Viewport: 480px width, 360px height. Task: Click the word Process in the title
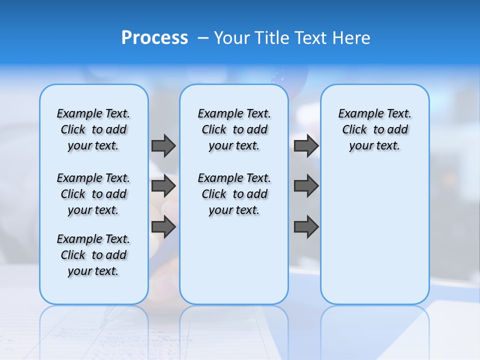[x=154, y=38]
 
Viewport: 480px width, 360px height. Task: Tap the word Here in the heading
[x=351, y=38]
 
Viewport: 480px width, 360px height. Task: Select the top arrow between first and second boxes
[x=163, y=145]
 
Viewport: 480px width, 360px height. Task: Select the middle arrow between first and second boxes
[x=163, y=186]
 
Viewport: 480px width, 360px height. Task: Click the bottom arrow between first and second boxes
[x=163, y=227]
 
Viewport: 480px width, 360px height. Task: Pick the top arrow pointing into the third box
[x=306, y=145]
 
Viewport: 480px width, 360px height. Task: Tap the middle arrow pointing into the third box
[x=306, y=186]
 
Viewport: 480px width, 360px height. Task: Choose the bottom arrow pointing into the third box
[x=306, y=227]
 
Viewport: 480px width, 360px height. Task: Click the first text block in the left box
[x=93, y=129]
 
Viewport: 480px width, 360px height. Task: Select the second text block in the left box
[x=93, y=194]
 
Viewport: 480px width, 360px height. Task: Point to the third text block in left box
[x=93, y=255]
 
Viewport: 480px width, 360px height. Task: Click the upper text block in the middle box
[x=234, y=129]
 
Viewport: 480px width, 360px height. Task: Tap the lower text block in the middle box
[x=234, y=194]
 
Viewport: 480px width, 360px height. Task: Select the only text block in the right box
[x=375, y=129]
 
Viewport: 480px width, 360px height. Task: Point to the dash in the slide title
[x=202, y=38]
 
